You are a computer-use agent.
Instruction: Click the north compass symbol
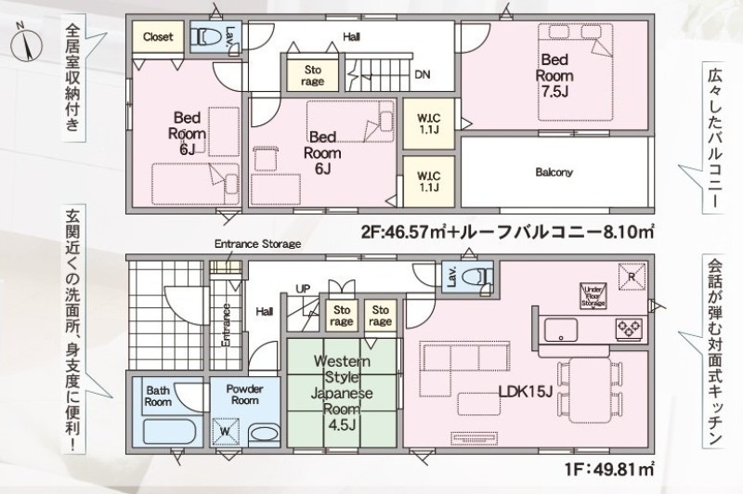[x=26, y=45]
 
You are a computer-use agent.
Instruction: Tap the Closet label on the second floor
[x=158, y=36]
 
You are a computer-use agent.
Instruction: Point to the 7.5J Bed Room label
[x=554, y=75]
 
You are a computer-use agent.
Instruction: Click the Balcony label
[x=554, y=173]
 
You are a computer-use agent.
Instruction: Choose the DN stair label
[x=423, y=74]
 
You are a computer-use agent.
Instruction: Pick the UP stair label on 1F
[x=304, y=289]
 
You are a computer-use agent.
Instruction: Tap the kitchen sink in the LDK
[x=561, y=330]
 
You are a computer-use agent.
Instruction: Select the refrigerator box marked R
[x=632, y=276]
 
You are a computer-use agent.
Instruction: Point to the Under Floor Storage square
[x=593, y=296]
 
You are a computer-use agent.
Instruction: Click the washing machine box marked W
[x=226, y=432]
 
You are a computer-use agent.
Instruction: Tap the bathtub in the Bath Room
[x=169, y=432]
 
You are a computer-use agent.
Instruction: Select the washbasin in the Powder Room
[x=264, y=434]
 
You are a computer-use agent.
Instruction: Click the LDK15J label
[x=527, y=391]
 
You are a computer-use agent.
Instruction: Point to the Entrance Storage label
[x=258, y=244]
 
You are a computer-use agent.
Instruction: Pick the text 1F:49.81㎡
[x=609, y=469]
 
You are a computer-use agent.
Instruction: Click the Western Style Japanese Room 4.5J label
[x=342, y=393]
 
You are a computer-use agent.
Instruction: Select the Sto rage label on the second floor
[x=312, y=75]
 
